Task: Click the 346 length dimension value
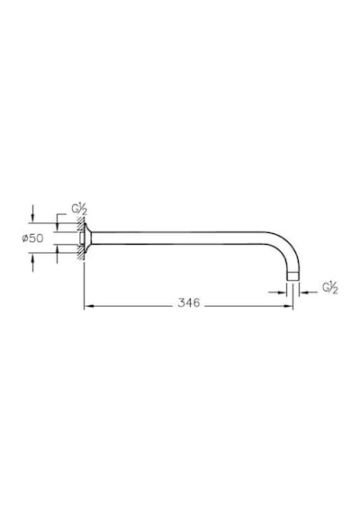pyautogui.click(x=188, y=302)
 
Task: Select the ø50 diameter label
pyautogui.click(x=32, y=238)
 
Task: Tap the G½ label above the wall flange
pyautogui.click(x=79, y=210)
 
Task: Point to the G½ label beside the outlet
pyautogui.click(x=330, y=288)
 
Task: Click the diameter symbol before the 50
pyautogui.click(x=25, y=238)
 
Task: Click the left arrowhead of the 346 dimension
pyautogui.click(x=89, y=306)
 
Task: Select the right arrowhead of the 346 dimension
pyautogui.click(x=288, y=306)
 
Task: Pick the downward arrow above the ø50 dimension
pyautogui.click(x=32, y=213)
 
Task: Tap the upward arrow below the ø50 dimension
pyautogui.click(x=32, y=263)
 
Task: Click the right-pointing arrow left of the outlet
pyautogui.click(x=277, y=292)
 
